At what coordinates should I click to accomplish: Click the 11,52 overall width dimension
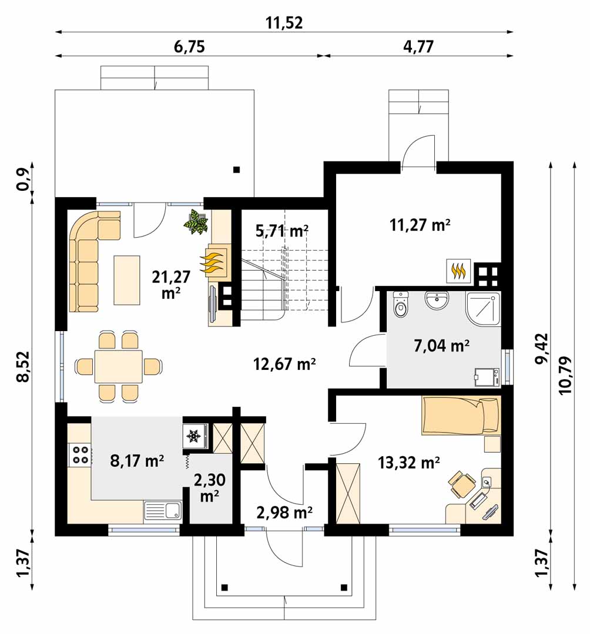tap(284, 23)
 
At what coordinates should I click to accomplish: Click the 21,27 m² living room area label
tap(171, 285)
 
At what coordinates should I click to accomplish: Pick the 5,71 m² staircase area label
tap(283, 231)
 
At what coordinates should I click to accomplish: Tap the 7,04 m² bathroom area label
tap(441, 346)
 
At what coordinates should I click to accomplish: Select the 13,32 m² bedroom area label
tap(409, 462)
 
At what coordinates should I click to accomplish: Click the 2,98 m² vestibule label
tap(284, 512)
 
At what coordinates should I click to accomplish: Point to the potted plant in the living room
tap(196, 221)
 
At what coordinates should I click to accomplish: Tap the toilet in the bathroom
tap(401, 305)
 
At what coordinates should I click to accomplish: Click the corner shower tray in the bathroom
tap(483, 308)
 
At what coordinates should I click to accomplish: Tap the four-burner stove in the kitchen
tap(80, 454)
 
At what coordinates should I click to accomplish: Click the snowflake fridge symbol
tap(193, 436)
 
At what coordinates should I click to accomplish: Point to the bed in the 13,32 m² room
tap(461, 415)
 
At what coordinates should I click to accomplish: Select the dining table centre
tap(119, 366)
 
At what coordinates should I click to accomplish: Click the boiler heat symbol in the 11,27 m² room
tap(458, 271)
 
